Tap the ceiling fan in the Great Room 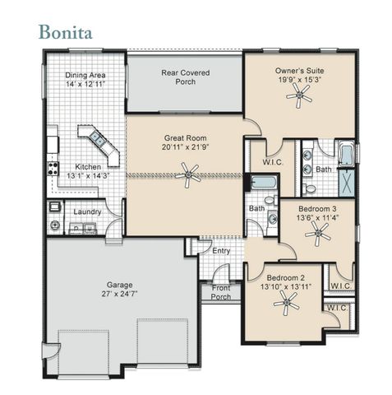[x=190, y=173]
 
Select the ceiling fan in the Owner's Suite [x=299, y=96]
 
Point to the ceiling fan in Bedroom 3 [x=316, y=235]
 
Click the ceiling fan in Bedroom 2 [x=287, y=304]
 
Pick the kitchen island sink [x=90, y=136]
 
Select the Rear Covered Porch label [x=184, y=77]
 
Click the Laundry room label [x=87, y=211]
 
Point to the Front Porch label [x=221, y=292]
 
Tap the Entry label [x=221, y=251]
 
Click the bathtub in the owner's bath [x=345, y=153]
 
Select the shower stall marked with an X [x=348, y=180]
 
